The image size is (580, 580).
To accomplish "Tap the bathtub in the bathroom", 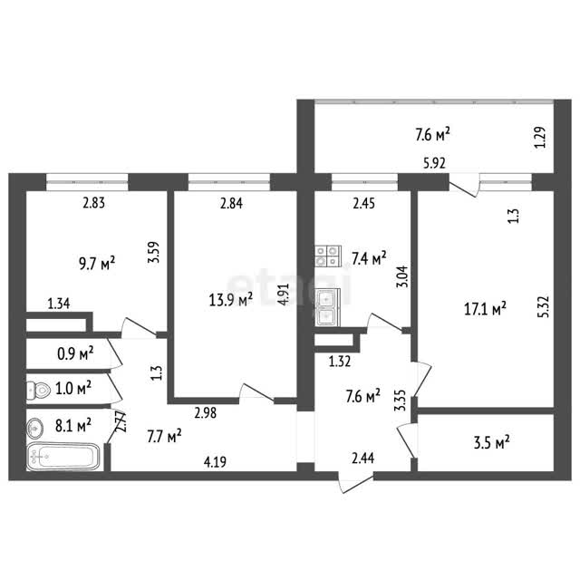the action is [x=63, y=457].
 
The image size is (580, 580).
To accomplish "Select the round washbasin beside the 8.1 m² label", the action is [x=35, y=428].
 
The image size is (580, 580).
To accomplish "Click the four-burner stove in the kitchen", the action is [x=327, y=256].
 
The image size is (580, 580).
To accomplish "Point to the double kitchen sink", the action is [x=327, y=307].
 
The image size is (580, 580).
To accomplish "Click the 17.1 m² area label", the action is [x=485, y=309].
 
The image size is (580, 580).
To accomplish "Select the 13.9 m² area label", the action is [x=231, y=299].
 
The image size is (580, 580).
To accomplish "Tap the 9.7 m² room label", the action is [x=97, y=264].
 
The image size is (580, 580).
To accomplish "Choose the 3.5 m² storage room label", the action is [x=491, y=442].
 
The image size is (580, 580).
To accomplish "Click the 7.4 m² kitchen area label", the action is [x=369, y=258].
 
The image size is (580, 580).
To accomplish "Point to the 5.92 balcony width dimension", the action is [x=434, y=163].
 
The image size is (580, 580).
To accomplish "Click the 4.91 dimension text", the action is [x=284, y=294].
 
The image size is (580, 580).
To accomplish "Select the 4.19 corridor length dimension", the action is [x=215, y=462].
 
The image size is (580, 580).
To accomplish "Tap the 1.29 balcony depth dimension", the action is [x=540, y=138].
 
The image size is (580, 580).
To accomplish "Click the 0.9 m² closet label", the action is [x=75, y=354].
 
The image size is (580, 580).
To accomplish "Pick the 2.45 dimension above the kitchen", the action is [x=364, y=203].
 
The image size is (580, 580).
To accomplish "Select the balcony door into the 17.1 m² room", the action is [x=464, y=188].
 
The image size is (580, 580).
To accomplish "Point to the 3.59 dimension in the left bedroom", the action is [x=153, y=252].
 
